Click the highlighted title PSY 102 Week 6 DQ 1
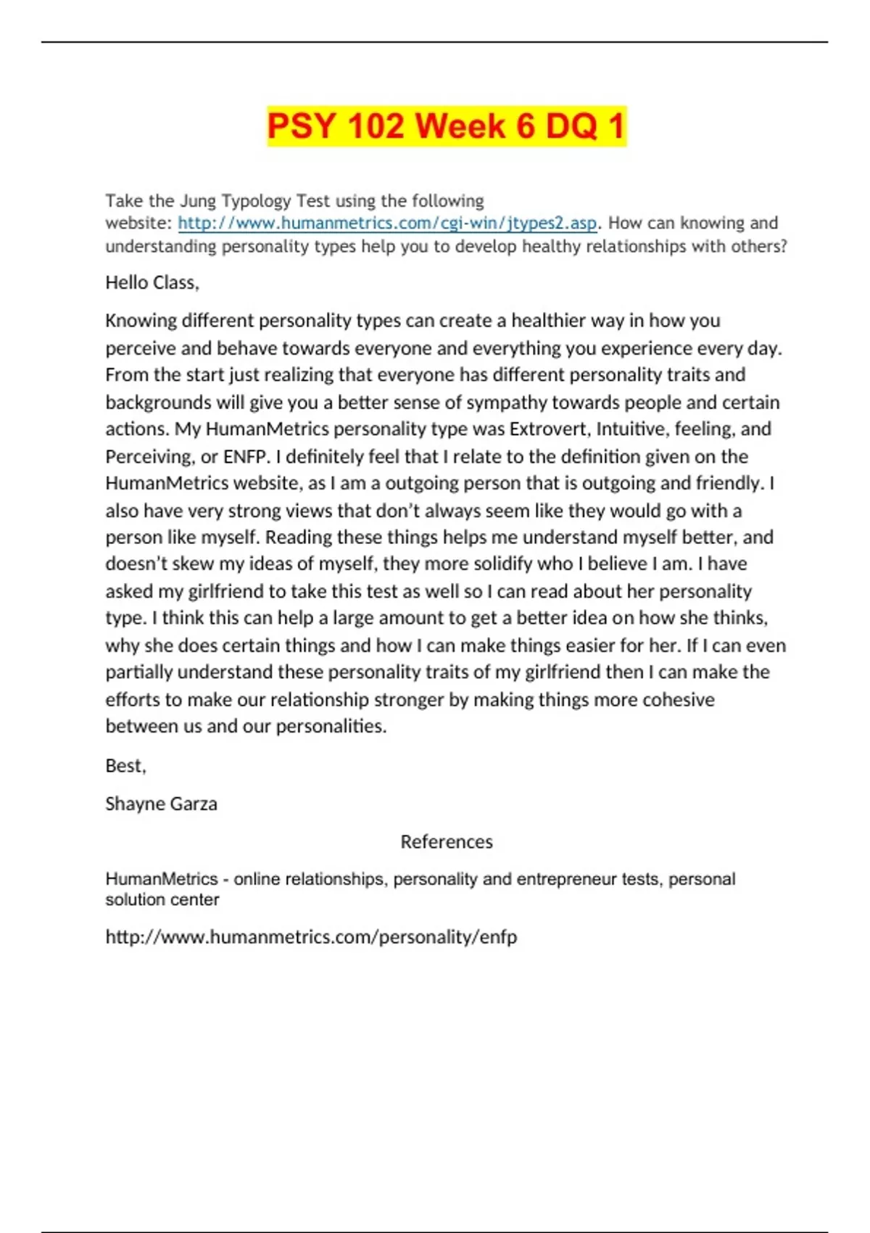tap(446, 126)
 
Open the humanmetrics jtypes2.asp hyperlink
tap(387, 223)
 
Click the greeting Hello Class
tap(152, 283)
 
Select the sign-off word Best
tap(125, 766)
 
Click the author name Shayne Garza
tap(161, 804)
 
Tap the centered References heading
tap(446, 842)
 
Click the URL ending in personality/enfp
tap(311, 937)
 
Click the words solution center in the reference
tap(162, 900)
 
